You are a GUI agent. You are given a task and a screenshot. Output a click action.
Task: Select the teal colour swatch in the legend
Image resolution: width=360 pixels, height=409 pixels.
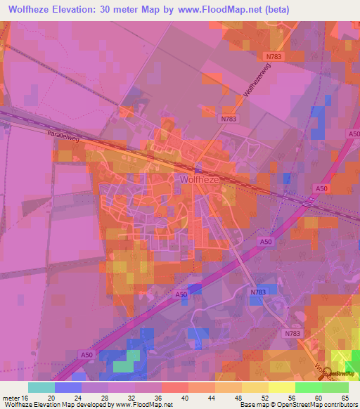coord(41,387)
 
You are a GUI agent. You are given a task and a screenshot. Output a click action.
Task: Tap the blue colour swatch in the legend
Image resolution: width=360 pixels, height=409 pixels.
coord(68,387)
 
